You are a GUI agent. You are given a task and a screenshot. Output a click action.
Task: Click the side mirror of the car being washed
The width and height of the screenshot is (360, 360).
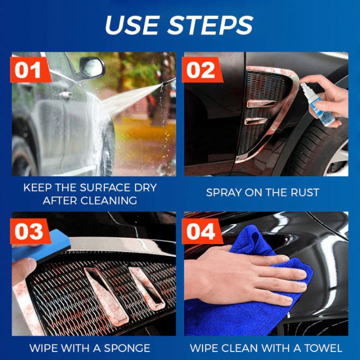(x=91, y=67)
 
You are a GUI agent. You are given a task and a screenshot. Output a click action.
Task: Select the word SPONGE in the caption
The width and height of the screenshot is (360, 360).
(x=125, y=348)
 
